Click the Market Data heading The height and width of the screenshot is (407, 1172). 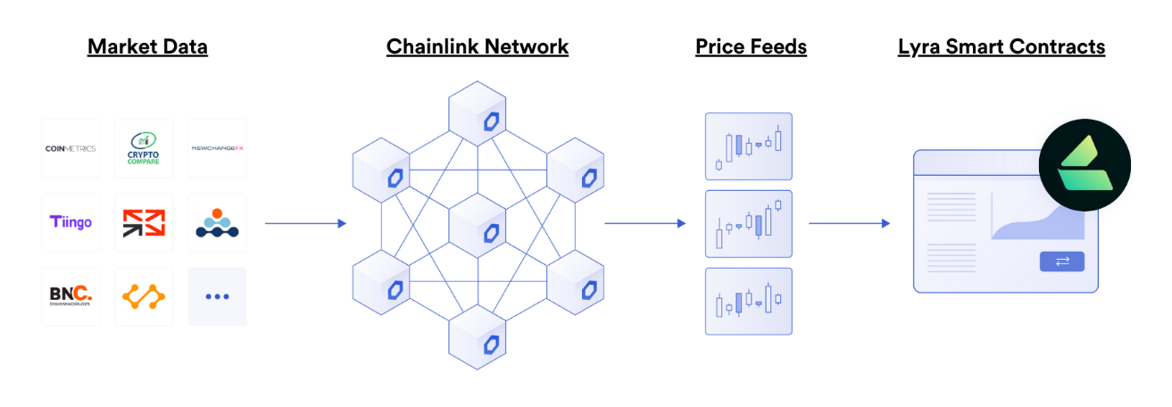pyautogui.click(x=147, y=46)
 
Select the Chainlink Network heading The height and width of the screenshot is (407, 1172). pyautogui.click(x=477, y=46)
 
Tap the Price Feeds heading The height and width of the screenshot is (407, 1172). pyautogui.click(x=751, y=46)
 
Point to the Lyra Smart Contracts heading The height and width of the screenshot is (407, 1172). pyautogui.click(x=1001, y=46)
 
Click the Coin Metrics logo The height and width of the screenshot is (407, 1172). pyautogui.click(x=71, y=148)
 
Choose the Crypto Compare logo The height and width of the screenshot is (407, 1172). pyautogui.click(x=144, y=148)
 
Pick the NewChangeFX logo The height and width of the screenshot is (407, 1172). pyautogui.click(x=217, y=148)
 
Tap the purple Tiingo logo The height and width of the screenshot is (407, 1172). pyautogui.click(x=71, y=222)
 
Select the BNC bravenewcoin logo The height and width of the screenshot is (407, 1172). pyautogui.click(x=71, y=296)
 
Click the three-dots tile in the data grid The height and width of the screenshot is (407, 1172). pyautogui.click(x=217, y=296)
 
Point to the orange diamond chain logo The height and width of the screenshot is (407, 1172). pyautogui.click(x=144, y=296)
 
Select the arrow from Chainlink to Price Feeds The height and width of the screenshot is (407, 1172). pyautogui.click(x=644, y=223)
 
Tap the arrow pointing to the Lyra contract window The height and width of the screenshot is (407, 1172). pyautogui.click(x=849, y=223)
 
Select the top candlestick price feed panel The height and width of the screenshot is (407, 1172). pyautogui.click(x=748, y=146)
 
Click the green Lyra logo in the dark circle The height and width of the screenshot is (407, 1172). pyautogui.click(x=1085, y=164)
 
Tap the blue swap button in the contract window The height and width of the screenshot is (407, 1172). pyautogui.click(x=1061, y=262)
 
